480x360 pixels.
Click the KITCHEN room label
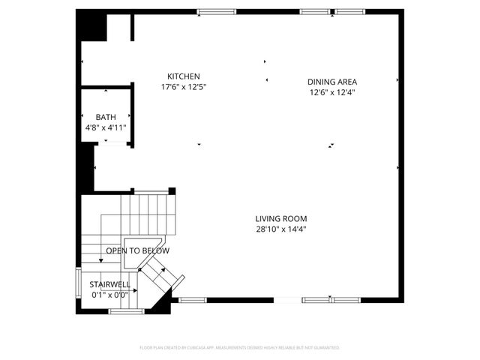point(184,76)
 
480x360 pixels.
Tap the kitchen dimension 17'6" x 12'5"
point(184,87)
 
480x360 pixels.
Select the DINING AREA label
point(331,82)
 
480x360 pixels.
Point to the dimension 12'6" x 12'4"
point(331,92)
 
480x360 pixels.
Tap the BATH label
point(106,117)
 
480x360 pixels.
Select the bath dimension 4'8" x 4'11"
point(106,127)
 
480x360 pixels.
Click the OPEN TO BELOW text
point(137,250)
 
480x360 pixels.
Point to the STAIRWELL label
point(110,284)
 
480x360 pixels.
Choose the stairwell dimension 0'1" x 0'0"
point(110,295)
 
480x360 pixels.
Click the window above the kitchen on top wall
point(216,11)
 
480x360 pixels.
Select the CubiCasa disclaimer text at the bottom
point(240,347)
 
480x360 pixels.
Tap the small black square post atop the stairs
point(172,190)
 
